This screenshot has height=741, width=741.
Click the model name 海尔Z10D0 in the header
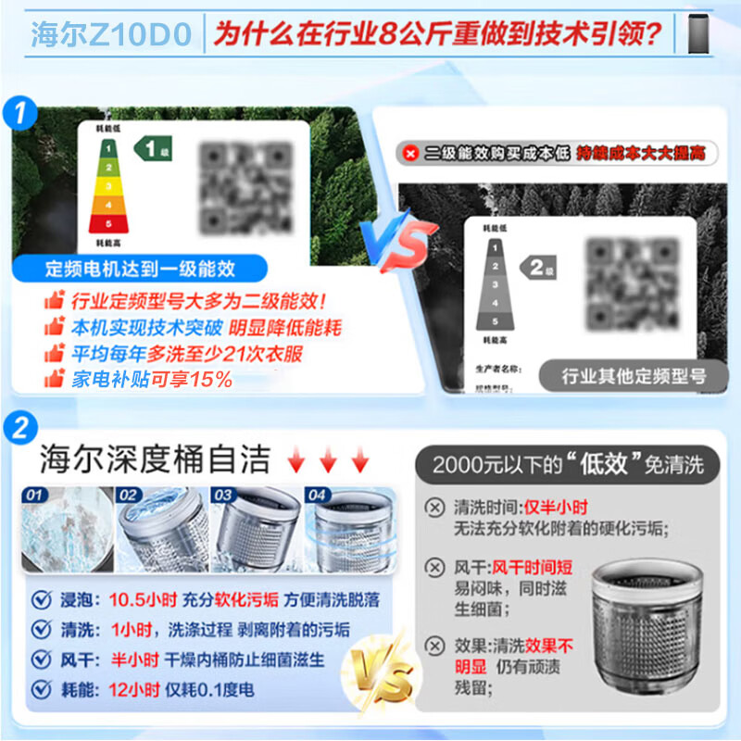111,35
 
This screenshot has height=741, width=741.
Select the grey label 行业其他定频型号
634,375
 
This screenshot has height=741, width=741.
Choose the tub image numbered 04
345,525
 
